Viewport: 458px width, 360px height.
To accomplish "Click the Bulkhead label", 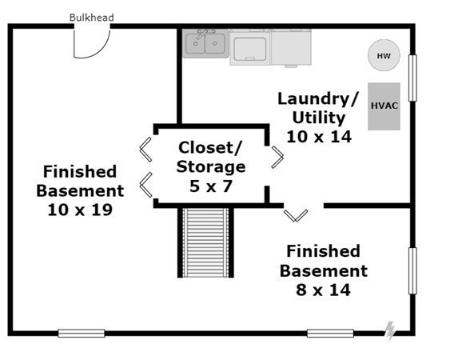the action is pyautogui.click(x=91, y=18).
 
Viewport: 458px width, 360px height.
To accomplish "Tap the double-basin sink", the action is pyautogui.click(x=205, y=43).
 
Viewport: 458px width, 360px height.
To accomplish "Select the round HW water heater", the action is pyautogui.click(x=384, y=55).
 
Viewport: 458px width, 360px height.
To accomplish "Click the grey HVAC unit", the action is pyautogui.click(x=384, y=106).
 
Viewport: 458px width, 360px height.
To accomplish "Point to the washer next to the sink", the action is pyautogui.click(x=250, y=47).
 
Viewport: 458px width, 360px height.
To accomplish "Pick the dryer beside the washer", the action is pyautogui.click(x=291, y=47).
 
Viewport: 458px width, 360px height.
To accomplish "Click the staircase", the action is pyautogui.click(x=205, y=242).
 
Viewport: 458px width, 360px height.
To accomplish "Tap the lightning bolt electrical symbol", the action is pyautogui.click(x=389, y=332).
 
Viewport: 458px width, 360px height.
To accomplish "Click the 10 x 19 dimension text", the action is pyautogui.click(x=80, y=210).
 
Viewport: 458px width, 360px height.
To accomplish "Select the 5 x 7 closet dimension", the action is pyautogui.click(x=211, y=186).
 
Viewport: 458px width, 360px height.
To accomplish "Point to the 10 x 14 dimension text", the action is pyautogui.click(x=319, y=137).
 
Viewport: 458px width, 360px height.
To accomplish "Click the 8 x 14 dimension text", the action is pyautogui.click(x=323, y=290).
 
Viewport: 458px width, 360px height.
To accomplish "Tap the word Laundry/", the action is pyautogui.click(x=318, y=99).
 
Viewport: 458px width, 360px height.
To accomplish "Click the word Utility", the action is pyautogui.click(x=319, y=118).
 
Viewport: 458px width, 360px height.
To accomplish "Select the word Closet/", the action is pyautogui.click(x=210, y=148).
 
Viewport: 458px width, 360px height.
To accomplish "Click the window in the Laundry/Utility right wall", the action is pyautogui.click(x=412, y=78).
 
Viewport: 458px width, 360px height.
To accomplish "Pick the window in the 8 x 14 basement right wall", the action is pyautogui.click(x=412, y=271).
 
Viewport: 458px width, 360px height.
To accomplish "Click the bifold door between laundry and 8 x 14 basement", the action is pyautogui.click(x=296, y=216).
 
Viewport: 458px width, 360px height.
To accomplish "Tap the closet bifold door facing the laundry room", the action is pyautogui.click(x=277, y=158).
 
